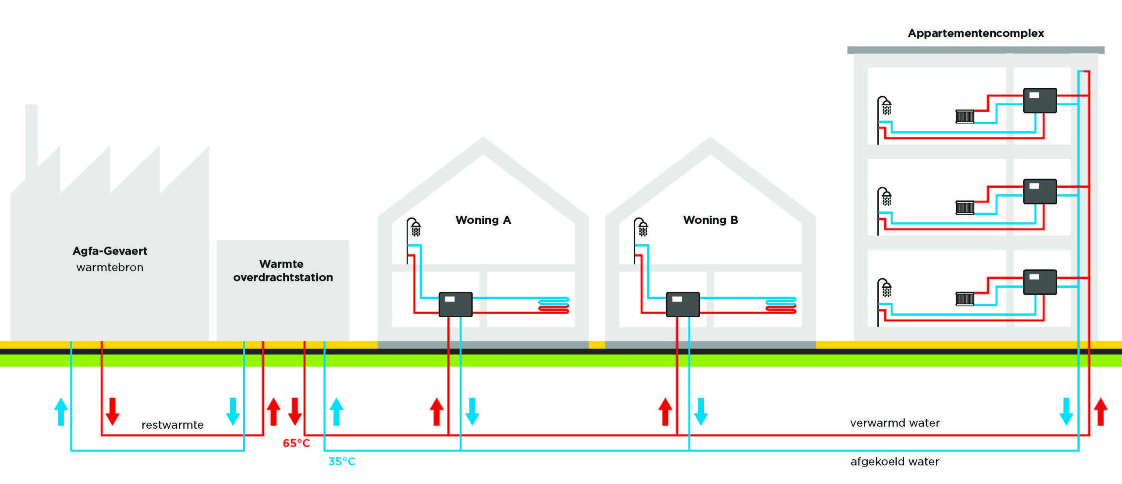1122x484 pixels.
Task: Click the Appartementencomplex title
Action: [976, 33]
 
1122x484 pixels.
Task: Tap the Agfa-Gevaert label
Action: [110, 251]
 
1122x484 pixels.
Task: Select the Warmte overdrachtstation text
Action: [283, 271]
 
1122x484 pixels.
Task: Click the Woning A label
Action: [483, 220]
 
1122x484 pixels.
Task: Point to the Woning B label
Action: [710, 220]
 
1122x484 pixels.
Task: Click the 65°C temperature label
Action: [296, 443]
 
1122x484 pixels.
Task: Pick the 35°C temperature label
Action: [342, 462]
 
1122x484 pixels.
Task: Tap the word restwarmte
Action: [172, 425]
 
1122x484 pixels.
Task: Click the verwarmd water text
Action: [895, 423]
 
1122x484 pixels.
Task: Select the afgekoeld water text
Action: [895, 462]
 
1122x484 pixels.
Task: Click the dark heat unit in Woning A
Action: [455, 304]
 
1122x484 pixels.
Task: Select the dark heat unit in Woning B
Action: [682, 304]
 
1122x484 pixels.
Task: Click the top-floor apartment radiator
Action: [965, 117]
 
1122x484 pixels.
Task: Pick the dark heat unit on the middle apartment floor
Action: [1040, 191]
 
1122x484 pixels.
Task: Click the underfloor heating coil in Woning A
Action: [554, 305]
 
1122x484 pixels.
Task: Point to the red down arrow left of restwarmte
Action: [113, 411]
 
